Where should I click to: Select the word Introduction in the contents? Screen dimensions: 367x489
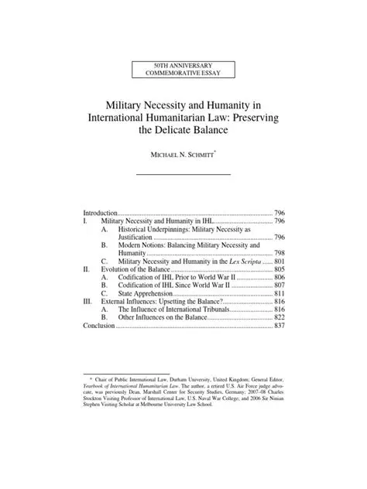click(x=100, y=212)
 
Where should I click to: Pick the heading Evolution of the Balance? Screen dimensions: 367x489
click(x=135, y=272)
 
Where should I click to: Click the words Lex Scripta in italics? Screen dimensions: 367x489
click(x=241, y=262)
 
